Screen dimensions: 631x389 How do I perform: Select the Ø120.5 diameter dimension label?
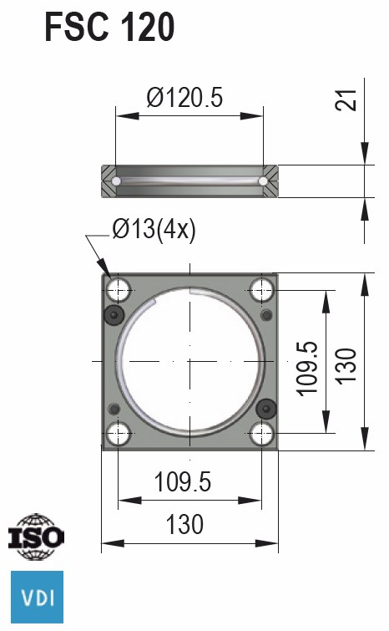pyautogui.click(x=184, y=99)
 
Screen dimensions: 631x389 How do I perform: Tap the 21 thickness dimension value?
pyautogui.click(x=351, y=98)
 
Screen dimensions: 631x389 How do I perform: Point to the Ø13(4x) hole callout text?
pyautogui.click(x=154, y=227)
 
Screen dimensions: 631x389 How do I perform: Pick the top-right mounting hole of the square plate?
pyautogui.click(x=263, y=290)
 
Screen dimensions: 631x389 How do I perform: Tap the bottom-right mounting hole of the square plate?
pyautogui.click(x=263, y=433)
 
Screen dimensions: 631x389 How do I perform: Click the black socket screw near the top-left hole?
pyautogui.click(x=114, y=315)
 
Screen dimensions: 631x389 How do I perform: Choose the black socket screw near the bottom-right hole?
pyautogui.click(x=266, y=408)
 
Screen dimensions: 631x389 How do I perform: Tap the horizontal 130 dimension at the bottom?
pyautogui.click(x=184, y=524)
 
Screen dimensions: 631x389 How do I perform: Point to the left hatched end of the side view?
pyautogui.click(x=110, y=181)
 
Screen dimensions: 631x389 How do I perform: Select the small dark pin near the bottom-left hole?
pyautogui.click(x=114, y=408)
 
